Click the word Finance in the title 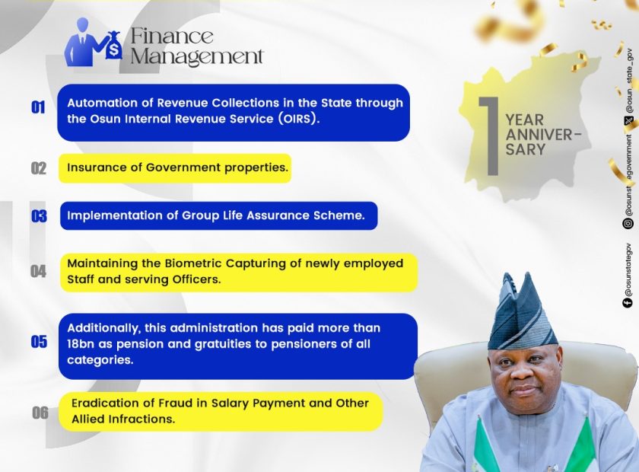172,36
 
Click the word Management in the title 197,56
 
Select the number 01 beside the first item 38,107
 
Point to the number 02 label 39,168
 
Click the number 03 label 39,215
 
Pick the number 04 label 38,271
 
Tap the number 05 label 39,342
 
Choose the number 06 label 40,413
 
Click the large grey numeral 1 489,136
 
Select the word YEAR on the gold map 524,120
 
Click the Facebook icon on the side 628,302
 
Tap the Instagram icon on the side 628,224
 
